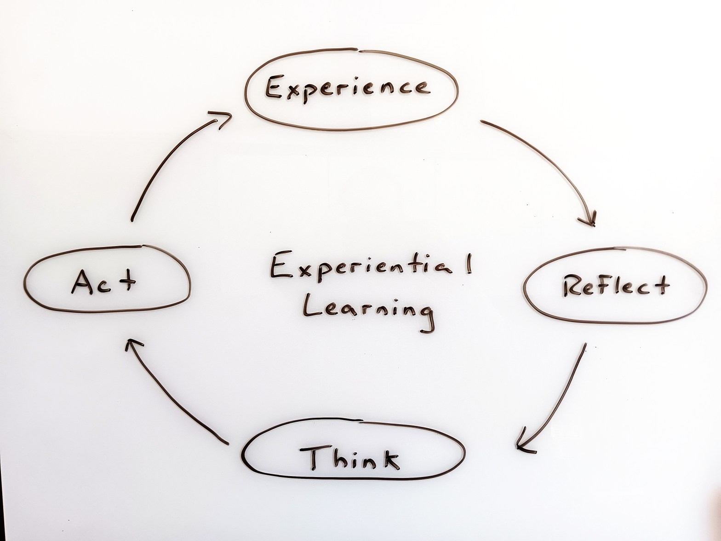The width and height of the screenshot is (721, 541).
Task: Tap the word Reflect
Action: point(615,286)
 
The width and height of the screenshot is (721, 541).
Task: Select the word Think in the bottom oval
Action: point(350,458)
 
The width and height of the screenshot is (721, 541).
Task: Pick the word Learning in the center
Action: point(367,312)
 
